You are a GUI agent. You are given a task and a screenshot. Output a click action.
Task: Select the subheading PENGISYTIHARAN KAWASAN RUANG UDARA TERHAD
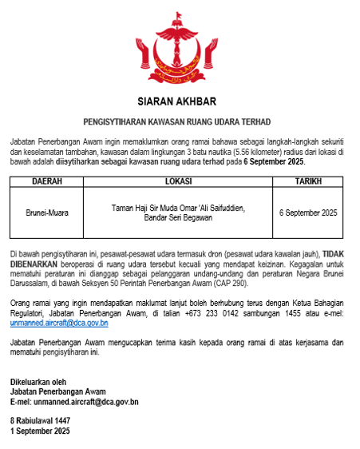click(177, 122)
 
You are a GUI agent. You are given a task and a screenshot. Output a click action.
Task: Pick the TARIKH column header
click(308, 181)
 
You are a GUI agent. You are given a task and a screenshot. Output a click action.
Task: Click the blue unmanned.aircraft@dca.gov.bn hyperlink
click(59, 324)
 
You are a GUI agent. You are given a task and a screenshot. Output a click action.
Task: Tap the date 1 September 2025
click(40, 431)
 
